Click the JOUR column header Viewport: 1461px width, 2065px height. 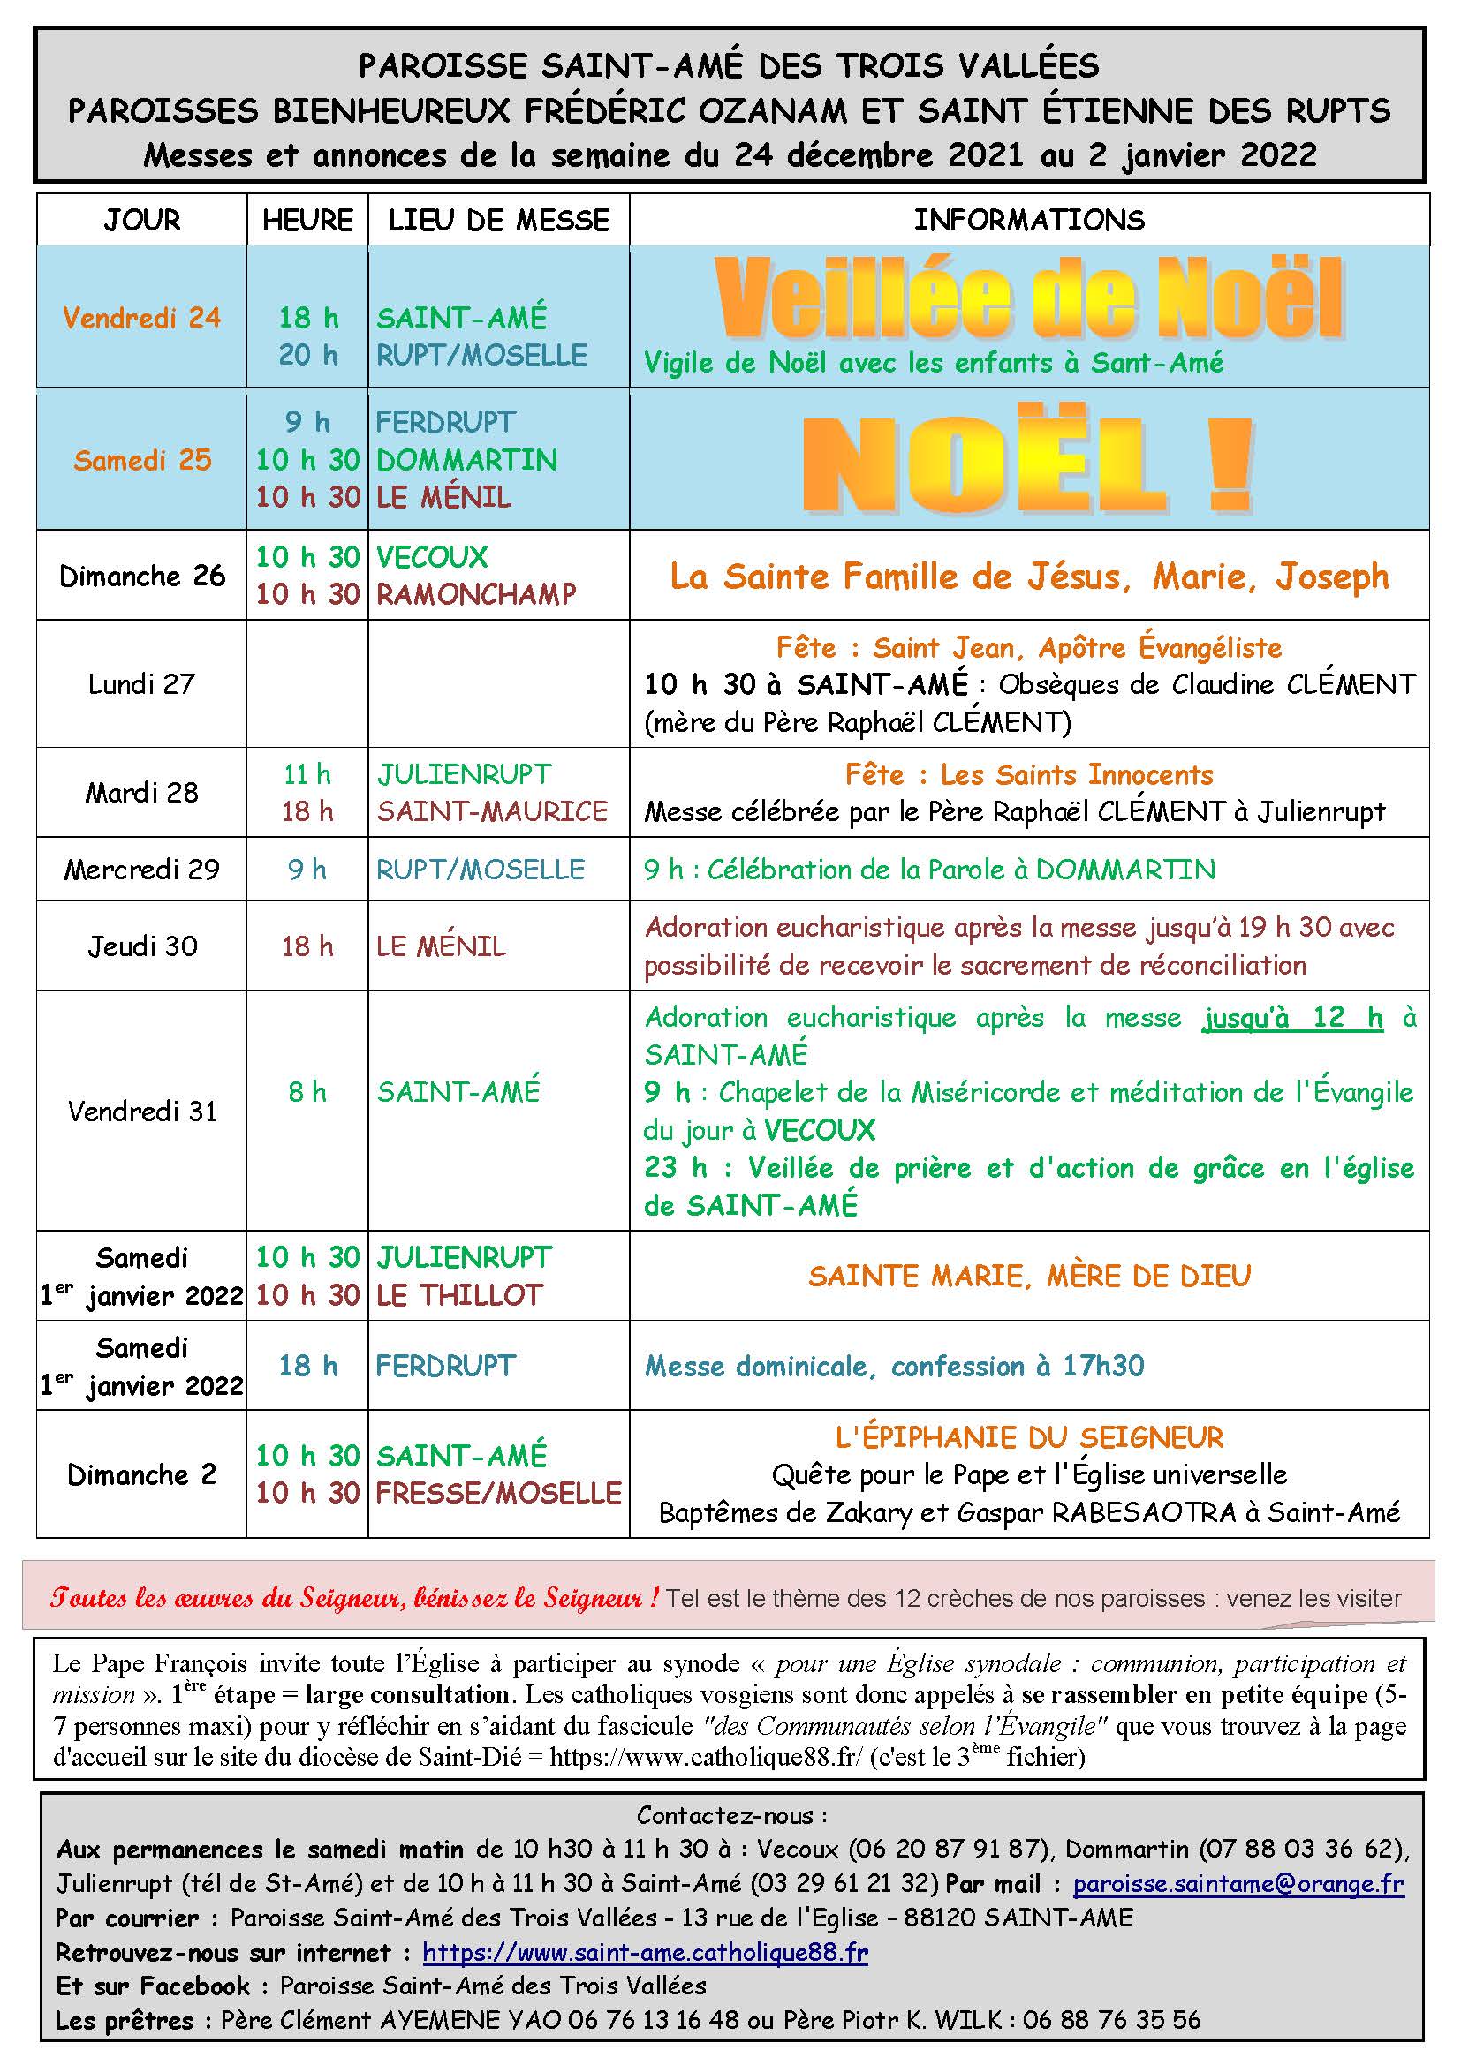(x=141, y=221)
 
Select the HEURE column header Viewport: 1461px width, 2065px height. (x=307, y=221)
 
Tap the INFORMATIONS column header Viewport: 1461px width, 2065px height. (x=1028, y=221)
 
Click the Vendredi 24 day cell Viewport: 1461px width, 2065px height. (x=141, y=318)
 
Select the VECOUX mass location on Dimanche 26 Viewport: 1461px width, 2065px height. (x=432, y=557)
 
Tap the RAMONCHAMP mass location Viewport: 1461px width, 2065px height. (x=476, y=593)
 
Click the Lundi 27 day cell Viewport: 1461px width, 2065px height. (x=141, y=684)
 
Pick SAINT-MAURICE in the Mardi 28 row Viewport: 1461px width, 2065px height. (x=492, y=811)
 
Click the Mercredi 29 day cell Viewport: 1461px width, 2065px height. (x=141, y=870)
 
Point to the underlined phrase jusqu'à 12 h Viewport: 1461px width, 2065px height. (x=1292, y=1018)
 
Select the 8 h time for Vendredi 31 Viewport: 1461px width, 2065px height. (x=307, y=1092)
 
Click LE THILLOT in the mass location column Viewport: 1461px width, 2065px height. (x=459, y=1295)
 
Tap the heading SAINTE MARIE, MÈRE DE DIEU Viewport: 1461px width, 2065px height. (x=1028, y=1277)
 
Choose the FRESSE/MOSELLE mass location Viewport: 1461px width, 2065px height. (x=498, y=1493)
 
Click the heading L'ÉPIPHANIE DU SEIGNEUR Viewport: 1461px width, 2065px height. (x=1028, y=1437)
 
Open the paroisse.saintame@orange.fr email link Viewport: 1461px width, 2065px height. (x=1238, y=1883)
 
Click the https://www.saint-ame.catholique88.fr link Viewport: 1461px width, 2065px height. (x=644, y=1952)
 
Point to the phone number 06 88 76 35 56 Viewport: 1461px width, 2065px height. (x=1111, y=2020)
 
